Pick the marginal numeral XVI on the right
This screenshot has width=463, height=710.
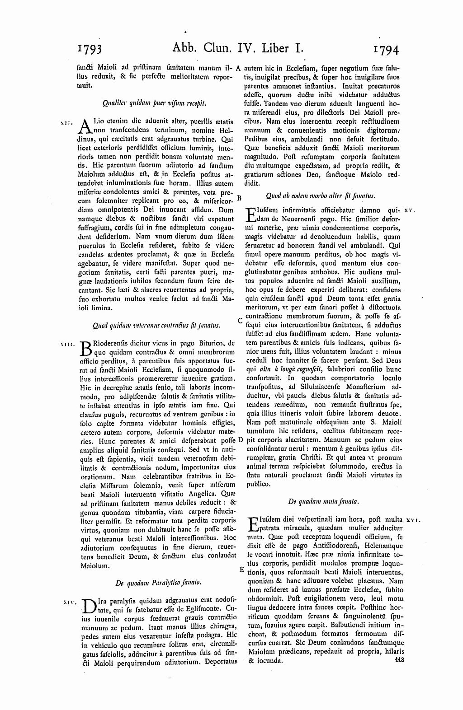coord(413,521)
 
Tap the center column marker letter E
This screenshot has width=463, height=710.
coord(241,569)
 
